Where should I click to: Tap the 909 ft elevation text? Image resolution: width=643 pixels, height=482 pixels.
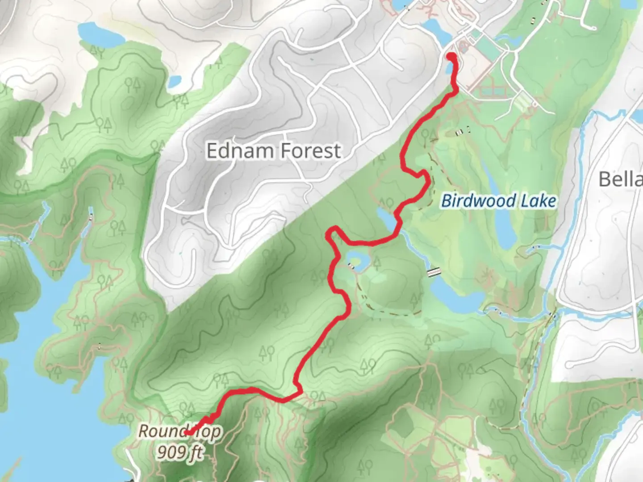(180, 453)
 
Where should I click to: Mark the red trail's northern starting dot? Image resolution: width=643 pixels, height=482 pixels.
(451, 57)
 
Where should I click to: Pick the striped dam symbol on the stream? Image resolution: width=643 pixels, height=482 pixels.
(434, 272)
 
